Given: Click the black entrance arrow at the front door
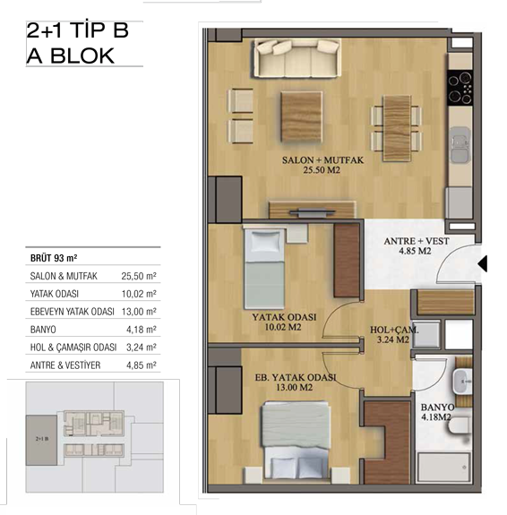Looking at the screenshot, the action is pyautogui.click(x=483, y=263).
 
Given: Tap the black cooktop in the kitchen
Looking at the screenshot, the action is pyautogui.click(x=460, y=88).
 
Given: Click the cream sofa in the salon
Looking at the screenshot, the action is pyautogui.click(x=297, y=58).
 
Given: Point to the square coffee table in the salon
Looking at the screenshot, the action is pyautogui.click(x=301, y=117).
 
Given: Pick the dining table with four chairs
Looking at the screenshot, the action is pyautogui.click(x=397, y=128).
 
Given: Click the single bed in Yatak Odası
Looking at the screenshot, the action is pyautogui.click(x=264, y=269).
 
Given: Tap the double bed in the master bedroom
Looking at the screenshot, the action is pyautogui.click(x=296, y=440).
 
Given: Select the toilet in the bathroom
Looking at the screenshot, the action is pyautogui.click(x=460, y=426).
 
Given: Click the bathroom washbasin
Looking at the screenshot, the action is pyautogui.click(x=462, y=382).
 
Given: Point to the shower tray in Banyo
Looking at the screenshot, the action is pyautogui.click(x=443, y=467).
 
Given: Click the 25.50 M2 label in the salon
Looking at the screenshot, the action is pyautogui.click(x=322, y=170).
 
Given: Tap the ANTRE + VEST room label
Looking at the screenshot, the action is pyautogui.click(x=417, y=241).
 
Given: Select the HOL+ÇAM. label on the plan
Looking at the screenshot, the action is pyautogui.click(x=394, y=330).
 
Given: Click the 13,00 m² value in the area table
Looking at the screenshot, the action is pyautogui.click(x=139, y=312).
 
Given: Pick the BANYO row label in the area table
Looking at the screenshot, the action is pyautogui.click(x=43, y=330).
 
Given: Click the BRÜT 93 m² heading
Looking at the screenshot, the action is pyautogui.click(x=54, y=258).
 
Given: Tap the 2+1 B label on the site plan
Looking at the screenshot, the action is pyautogui.click(x=42, y=439).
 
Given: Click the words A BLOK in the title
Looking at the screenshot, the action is pyautogui.click(x=70, y=56).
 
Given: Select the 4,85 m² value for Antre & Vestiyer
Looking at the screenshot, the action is pyautogui.click(x=142, y=365).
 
